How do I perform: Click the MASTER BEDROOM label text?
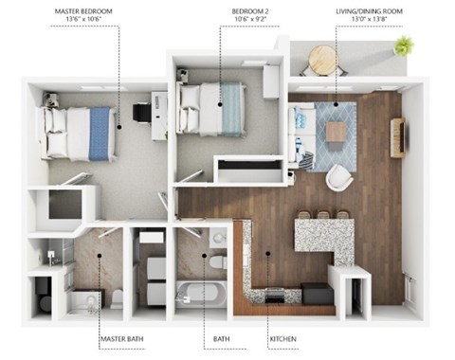(83, 11)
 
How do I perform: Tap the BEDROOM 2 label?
(250, 11)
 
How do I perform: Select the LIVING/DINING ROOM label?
(369, 11)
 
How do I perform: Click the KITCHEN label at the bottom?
(283, 339)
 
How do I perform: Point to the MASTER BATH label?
(122, 339)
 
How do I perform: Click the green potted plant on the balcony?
(404, 45)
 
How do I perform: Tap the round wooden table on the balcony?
(323, 60)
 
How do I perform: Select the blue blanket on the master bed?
(100, 134)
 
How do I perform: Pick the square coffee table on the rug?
(337, 133)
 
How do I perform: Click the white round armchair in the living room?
(339, 177)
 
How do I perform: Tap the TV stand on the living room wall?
(398, 137)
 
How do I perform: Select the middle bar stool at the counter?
(323, 215)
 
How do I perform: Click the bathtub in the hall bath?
(201, 295)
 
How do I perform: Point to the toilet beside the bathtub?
(218, 262)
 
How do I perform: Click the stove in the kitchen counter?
(275, 295)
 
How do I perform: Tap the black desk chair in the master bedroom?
(141, 112)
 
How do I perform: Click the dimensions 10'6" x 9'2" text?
(250, 19)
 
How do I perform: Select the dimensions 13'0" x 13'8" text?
(369, 19)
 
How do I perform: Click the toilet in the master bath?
(118, 297)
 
